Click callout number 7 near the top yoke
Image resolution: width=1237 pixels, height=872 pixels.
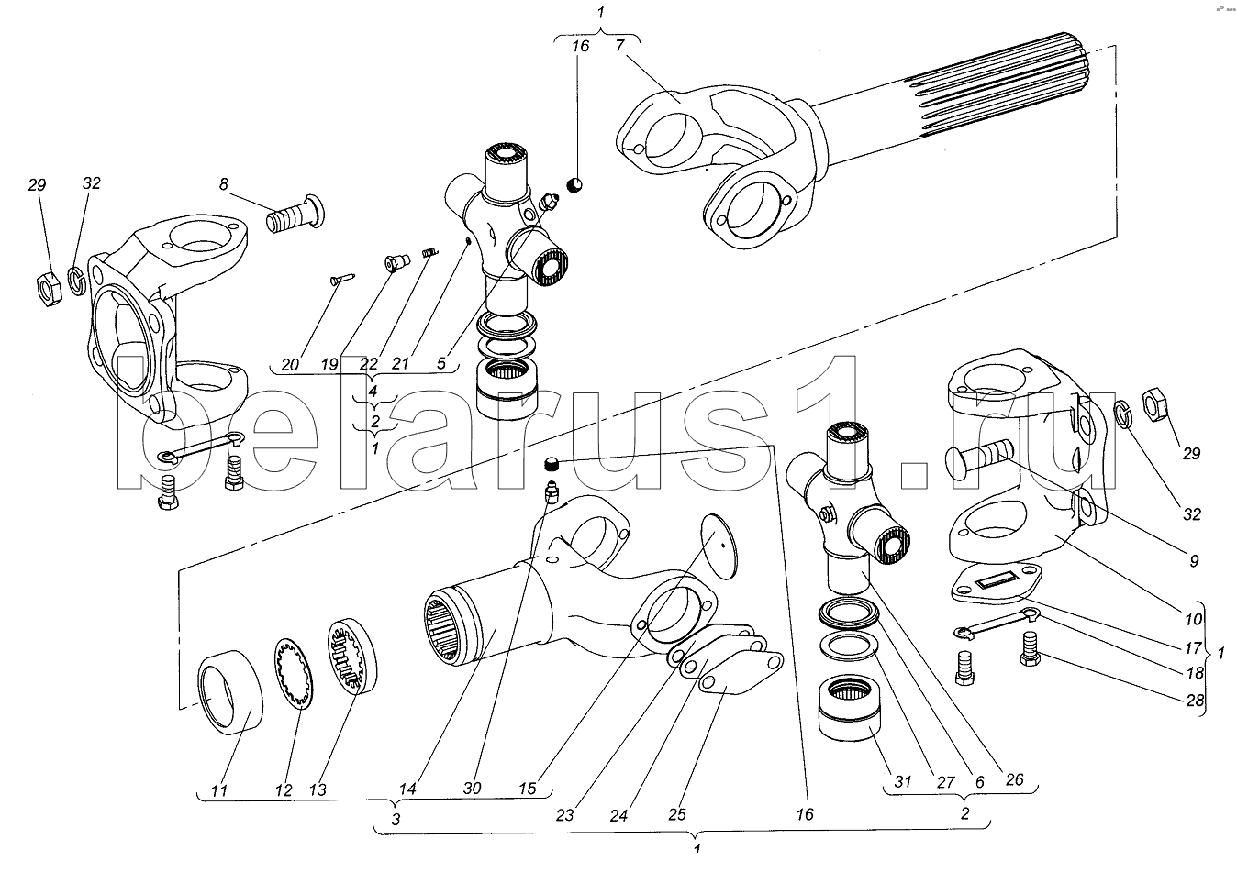pos(621,45)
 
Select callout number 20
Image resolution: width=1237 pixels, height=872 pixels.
pos(290,365)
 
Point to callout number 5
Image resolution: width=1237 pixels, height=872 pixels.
pos(441,365)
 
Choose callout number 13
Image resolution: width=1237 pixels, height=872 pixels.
pos(318,788)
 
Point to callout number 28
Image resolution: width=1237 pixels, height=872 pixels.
pos(1192,701)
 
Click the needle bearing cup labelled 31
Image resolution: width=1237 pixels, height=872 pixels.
pos(849,716)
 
